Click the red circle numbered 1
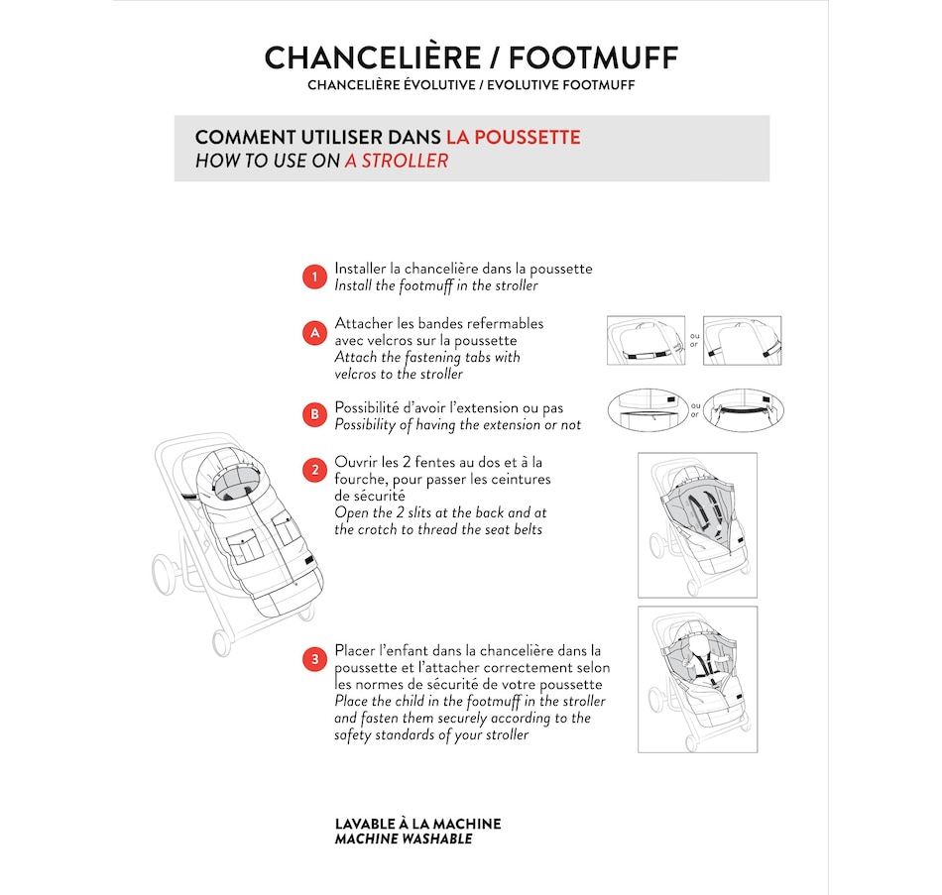tap(314, 277)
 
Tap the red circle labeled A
tap(314, 333)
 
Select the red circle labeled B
tap(314, 414)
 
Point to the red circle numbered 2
tap(314, 470)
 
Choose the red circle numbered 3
tap(314, 658)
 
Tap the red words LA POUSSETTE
tap(513, 137)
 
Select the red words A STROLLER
tap(397, 161)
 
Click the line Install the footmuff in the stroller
tap(436, 285)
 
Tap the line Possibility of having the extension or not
tap(458, 424)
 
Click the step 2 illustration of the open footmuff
tap(697, 524)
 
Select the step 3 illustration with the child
tap(697, 679)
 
